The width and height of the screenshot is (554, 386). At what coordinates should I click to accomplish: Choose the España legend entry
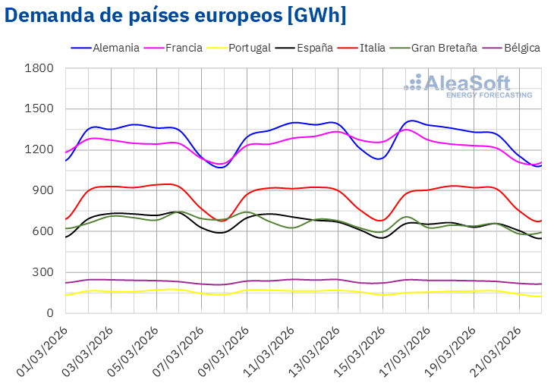(x=313, y=48)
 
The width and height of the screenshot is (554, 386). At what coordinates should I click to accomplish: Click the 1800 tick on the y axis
(x=39, y=69)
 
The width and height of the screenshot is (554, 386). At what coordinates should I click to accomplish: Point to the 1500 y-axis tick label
(x=39, y=109)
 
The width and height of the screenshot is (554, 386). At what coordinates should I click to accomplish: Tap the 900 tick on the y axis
(x=43, y=191)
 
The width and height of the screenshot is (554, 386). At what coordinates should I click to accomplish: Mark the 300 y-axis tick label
(x=43, y=272)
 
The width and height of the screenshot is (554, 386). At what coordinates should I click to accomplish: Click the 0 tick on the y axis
(x=49, y=313)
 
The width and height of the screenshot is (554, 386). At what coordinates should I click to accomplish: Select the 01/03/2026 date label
(x=42, y=351)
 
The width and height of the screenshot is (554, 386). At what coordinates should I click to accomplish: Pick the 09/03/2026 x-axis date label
(x=222, y=351)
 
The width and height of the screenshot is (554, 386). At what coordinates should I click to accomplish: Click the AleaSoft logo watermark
(x=468, y=82)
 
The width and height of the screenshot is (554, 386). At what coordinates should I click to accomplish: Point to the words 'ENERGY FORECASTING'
(x=489, y=95)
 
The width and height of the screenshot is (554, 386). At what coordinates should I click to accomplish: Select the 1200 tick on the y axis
(x=39, y=150)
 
